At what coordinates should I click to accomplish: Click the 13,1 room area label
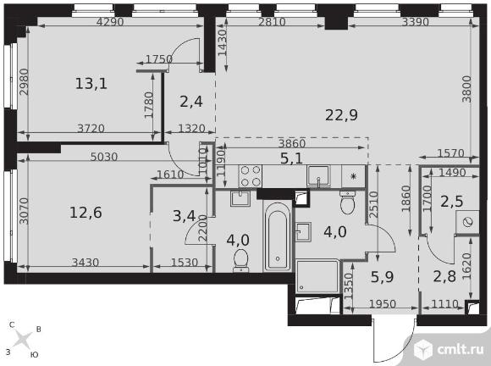coord(91,84)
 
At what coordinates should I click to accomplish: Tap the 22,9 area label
coord(341,115)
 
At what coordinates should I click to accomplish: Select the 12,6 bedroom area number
coord(86,213)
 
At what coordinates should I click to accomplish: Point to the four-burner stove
coord(251,176)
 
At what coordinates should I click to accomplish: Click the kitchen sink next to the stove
coord(318,176)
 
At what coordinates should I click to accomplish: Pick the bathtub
coord(278,236)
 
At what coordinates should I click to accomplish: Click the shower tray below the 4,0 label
coord(317,276)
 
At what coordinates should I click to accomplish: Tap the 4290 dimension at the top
coord(110,22)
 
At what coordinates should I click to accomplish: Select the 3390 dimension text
coord(415,22)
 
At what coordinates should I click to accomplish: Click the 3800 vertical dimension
coord(466,89)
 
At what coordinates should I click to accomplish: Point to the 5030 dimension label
coord(103,157)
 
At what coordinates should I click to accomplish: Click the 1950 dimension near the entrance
coord(383,304)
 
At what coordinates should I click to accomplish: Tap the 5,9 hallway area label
coord(382,277)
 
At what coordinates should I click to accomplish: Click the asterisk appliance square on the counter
coord(353,176)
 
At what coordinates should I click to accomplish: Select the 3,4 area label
coord(185,216)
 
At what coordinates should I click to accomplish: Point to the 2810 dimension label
coord(272,22)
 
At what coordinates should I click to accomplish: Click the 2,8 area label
coord(444,276)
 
